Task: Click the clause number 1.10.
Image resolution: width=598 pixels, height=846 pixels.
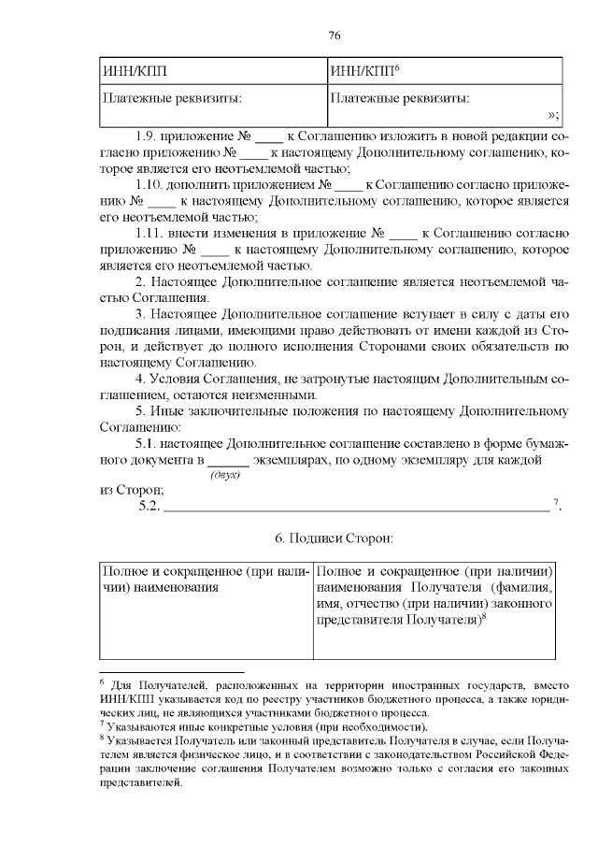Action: pos(150,185)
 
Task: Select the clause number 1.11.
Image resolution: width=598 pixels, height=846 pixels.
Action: pos(150,233)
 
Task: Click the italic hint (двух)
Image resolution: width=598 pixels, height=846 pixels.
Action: pos(225,476)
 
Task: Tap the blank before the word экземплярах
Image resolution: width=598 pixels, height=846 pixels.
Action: pos(227,461)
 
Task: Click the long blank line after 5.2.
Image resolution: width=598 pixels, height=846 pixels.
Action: pos(356,508)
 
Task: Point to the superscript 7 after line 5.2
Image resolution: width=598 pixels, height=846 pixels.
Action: pos(556,504)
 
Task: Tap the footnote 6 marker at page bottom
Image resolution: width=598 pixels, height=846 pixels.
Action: pos(102,681)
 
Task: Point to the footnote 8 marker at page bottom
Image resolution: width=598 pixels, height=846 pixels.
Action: pos(102,738)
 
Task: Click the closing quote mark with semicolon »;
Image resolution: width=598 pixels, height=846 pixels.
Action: pos(552,115)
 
